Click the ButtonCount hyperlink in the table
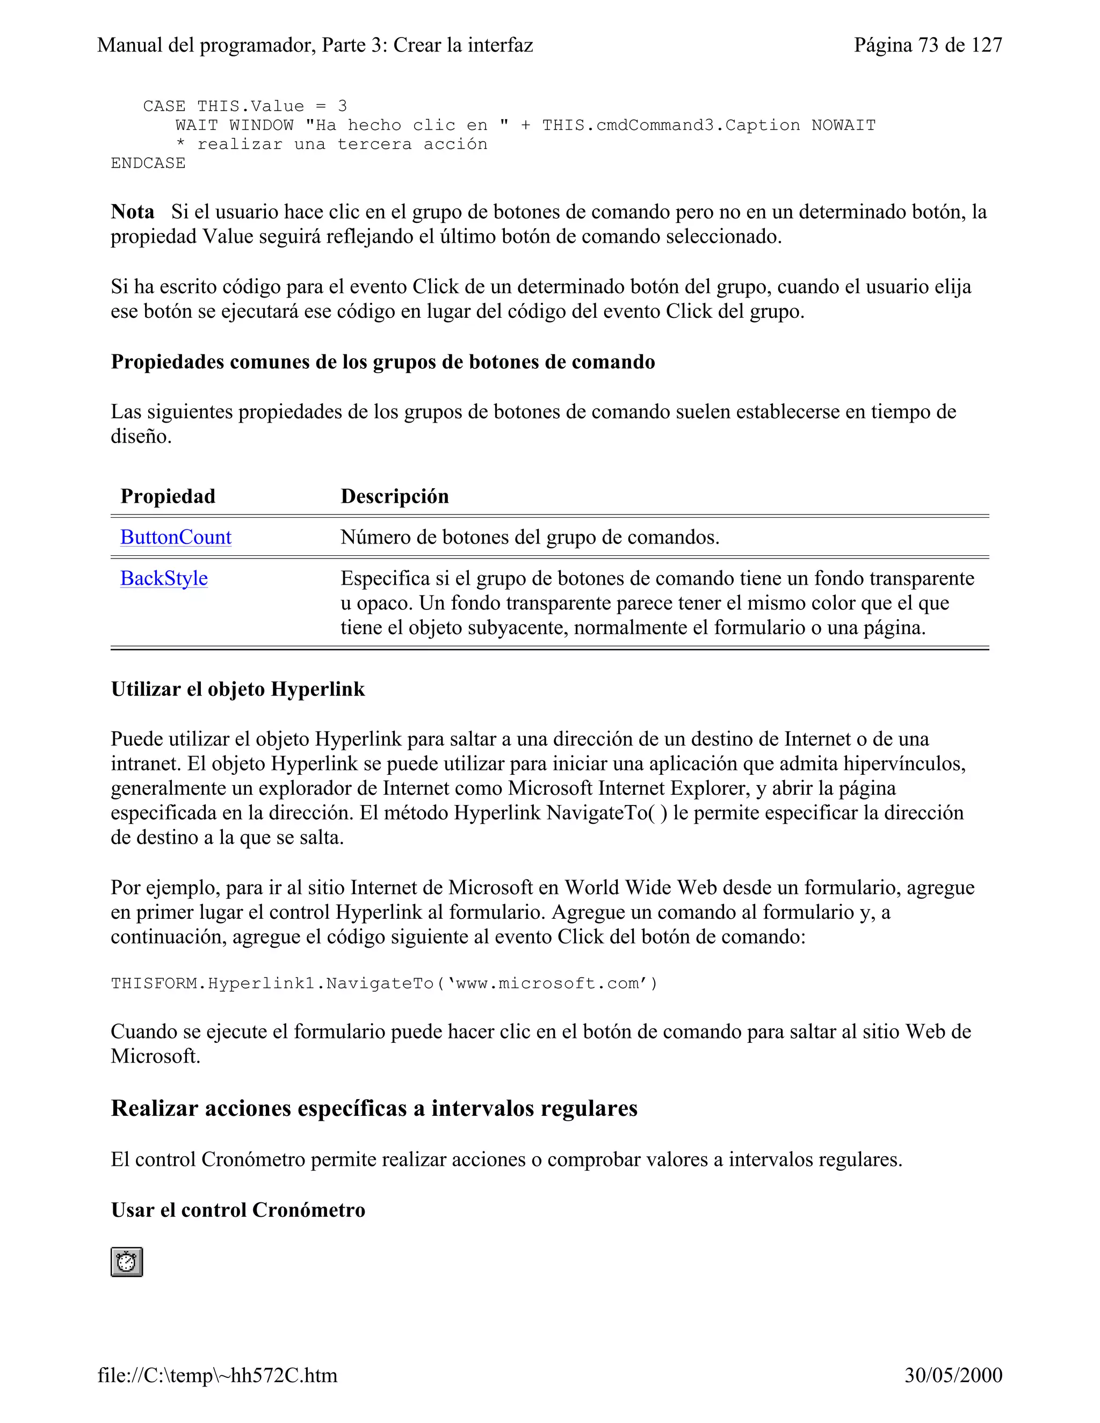176,537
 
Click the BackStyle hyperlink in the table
164,578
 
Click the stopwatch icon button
126,1262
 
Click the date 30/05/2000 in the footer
953,1375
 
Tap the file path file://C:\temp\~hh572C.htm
218,1375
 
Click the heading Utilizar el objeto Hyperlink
238,689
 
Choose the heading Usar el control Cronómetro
238,1210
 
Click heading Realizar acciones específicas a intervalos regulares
374,1108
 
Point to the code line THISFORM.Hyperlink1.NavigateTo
385,983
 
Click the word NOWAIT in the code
843,125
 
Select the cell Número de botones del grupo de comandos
530,537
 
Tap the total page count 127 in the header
986,45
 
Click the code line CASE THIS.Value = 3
245,106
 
